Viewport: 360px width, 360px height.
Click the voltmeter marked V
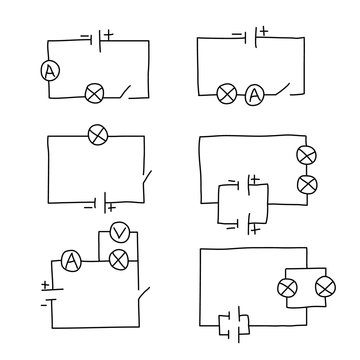tap(119, 233)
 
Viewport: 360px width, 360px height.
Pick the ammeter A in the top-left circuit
tap(48, 71)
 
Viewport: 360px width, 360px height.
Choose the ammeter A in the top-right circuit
tap(254, 96)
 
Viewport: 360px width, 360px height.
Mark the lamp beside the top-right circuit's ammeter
tap(227, 96)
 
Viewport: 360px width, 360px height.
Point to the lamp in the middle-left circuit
tap(98, 133)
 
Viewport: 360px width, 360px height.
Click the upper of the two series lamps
tap(307, 155)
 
